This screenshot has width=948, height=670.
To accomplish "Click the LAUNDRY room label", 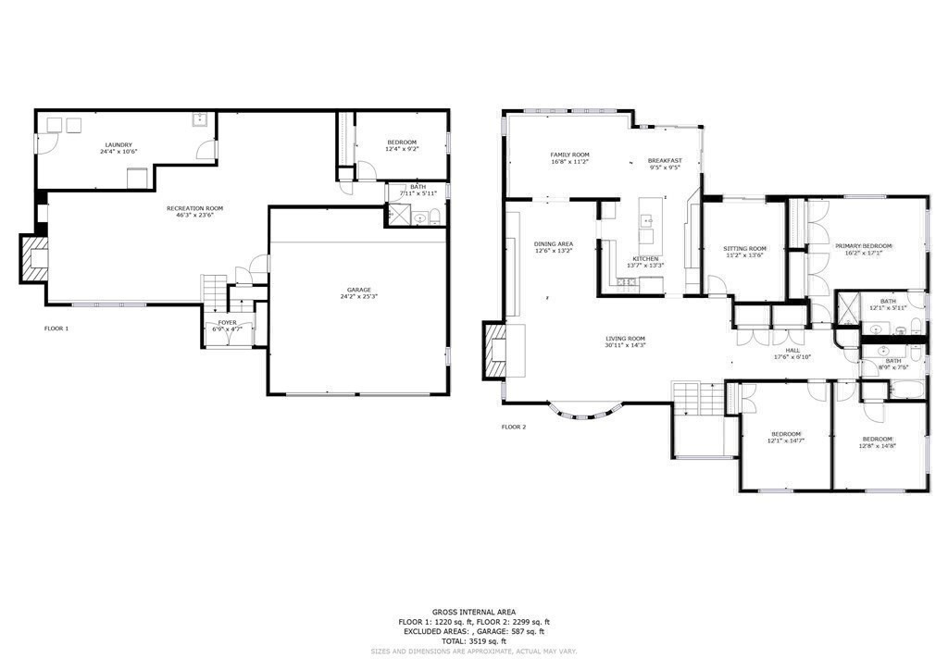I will tap(118, 144).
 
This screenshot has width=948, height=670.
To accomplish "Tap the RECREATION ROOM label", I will tap(194, 208).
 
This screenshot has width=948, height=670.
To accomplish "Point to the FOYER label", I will tap(228, 322).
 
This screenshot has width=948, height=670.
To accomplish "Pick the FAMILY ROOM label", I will tap(569, 155).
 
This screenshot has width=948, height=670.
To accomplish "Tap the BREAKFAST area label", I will tap(665, 160).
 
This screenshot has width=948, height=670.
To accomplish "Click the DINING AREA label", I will tap(554, 243).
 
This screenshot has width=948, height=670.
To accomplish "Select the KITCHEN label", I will tap(645, 258).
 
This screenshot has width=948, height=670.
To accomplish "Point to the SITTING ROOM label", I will tap(745, 248).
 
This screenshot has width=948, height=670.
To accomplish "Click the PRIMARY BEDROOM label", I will tap(863, 245).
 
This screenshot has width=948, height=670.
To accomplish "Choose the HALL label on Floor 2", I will tap(792, 351).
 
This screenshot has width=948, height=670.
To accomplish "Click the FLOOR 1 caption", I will tap(56, 329).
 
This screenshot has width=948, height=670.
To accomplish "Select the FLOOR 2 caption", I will tap(514, 427).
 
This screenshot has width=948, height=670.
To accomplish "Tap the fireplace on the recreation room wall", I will tap(34, 258).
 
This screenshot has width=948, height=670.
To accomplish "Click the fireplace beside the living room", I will tap(495, 351).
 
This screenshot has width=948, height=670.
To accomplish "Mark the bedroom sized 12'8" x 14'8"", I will tap(877, 441).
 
